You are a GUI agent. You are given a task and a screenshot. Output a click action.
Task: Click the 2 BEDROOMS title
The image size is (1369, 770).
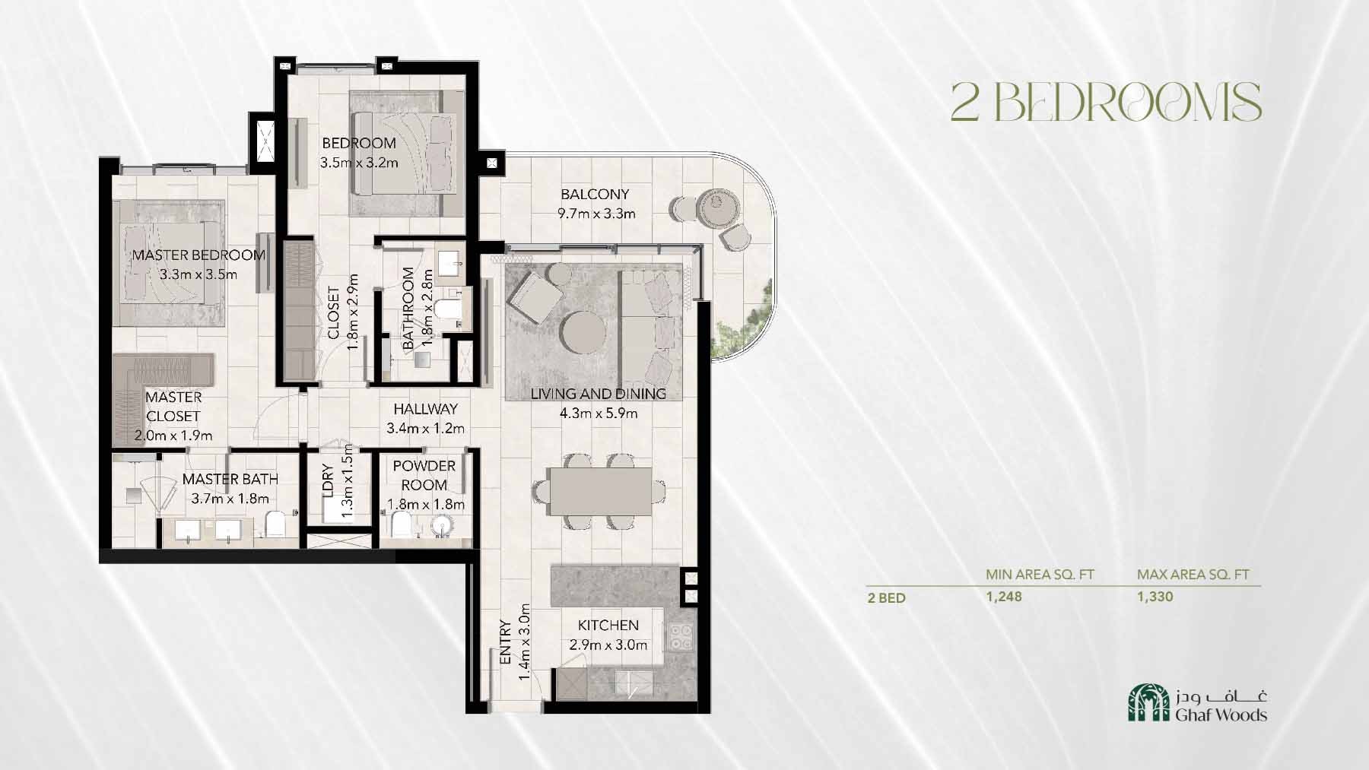click(1106, 102)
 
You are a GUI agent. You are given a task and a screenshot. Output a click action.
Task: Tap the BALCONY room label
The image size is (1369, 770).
click(595, 194)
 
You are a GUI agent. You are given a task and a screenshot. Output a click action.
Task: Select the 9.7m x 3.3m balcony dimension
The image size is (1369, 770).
click(596, 214)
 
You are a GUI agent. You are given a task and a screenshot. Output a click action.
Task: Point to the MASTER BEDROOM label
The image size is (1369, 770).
click(199, 255)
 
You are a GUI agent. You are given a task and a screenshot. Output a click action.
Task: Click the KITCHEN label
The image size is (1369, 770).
click(608, 625)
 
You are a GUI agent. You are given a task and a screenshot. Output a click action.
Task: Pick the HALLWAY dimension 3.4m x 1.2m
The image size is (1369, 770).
click(425, 428)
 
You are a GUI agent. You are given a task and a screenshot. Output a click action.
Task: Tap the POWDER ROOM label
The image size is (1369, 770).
click(424, 475)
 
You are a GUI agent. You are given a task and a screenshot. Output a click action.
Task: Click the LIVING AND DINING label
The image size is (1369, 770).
click(598, 394)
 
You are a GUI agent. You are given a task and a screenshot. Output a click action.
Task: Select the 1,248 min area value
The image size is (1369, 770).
click(1004, 597)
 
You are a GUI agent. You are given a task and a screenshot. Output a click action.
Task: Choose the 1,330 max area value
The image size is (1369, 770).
click(1155, 597)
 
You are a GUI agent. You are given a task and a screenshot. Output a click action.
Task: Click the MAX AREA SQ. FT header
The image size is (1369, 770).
click(1193, 575)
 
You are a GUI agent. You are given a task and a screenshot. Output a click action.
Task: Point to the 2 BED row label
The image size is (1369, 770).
click(887, 597)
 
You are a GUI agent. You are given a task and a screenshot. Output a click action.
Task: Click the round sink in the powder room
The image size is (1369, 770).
click(441, 525)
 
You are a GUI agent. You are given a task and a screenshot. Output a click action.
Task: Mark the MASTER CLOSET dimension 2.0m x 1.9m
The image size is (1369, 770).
click(173, 436)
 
